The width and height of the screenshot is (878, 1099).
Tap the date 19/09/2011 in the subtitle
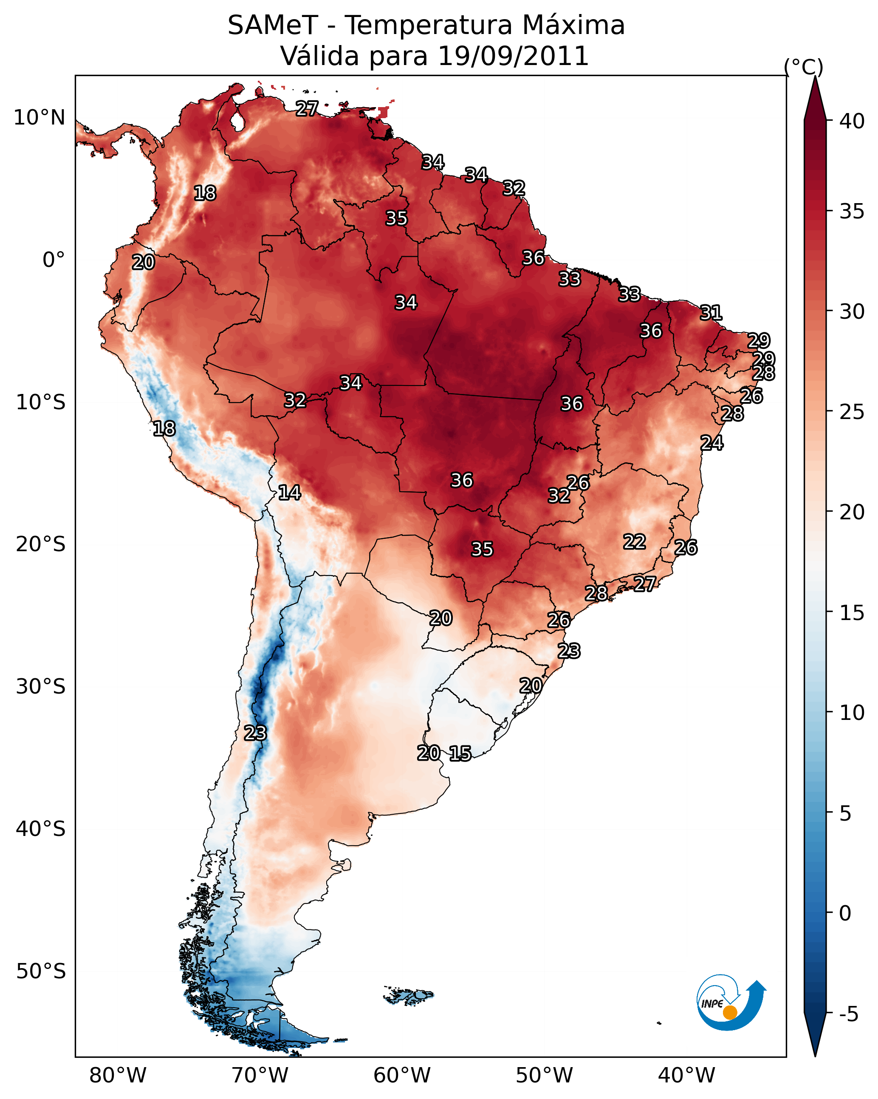pyautogui.click(x=513, y=56)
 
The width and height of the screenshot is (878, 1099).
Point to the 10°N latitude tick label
pyautogui.click(x=39, y=118)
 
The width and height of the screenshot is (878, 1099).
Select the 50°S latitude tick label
pyautogui.click(x=41, y=972)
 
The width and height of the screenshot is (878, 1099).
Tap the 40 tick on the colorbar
pyautogui.click(x=852, y=121)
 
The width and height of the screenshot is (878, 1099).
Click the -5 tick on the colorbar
pyautogui.click(x=849, y=1014)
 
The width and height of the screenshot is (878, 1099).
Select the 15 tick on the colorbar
pyautogui.click(x=852, y=613)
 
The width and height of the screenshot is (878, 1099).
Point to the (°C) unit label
pyautogui.click(x=804, y=67)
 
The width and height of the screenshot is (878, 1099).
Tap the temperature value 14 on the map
pyautogui.click(x=289, y=493)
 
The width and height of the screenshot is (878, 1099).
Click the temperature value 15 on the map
pyautogui.click(x=460, y=753)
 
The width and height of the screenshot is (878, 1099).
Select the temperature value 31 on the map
pyautogui.click(x=711, y=312)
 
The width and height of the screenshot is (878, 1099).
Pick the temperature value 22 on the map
pyautogui.click(x=635, y=541)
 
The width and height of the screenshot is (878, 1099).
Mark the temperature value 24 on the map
pyautogui.click(x=712, y=443)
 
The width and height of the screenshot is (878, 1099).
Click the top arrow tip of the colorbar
pyautogui.click(x=815, y=76)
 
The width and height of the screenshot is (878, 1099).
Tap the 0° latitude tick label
pyautogui.click(x=54, y=260)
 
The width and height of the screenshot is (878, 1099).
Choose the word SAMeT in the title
pyautogui.click(x=273, y=25)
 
